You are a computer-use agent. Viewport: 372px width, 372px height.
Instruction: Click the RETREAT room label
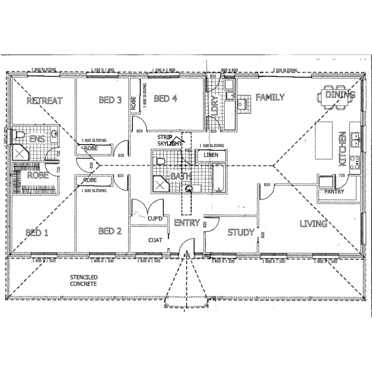click(44, 101)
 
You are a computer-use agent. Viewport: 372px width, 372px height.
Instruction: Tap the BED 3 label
click(110, 100)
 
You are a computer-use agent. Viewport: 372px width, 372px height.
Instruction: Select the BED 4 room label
click(166, 99)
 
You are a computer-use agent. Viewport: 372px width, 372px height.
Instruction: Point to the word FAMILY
click(270, 97)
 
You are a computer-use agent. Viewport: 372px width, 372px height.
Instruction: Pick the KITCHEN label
click(342, 148)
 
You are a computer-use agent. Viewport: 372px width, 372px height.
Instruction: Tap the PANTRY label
click(334, 192)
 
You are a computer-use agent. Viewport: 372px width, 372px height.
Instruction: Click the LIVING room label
click(313, 224)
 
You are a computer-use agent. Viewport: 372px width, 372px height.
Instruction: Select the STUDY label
click(241, 232)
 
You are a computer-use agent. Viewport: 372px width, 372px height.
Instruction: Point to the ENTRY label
click(187, 223)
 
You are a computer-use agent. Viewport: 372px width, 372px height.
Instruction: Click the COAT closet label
click(155, 240)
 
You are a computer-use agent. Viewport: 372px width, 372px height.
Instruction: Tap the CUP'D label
click(155, 219)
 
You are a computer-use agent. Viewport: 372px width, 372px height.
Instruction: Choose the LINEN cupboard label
click(211, 155)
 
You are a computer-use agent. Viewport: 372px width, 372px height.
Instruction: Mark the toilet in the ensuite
click(19, 135)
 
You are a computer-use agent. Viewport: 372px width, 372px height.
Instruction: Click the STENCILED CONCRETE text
click(83, 281)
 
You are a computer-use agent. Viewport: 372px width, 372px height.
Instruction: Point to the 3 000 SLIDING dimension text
click(285, 70)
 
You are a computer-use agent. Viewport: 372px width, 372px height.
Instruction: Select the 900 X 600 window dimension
click(229, 70)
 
